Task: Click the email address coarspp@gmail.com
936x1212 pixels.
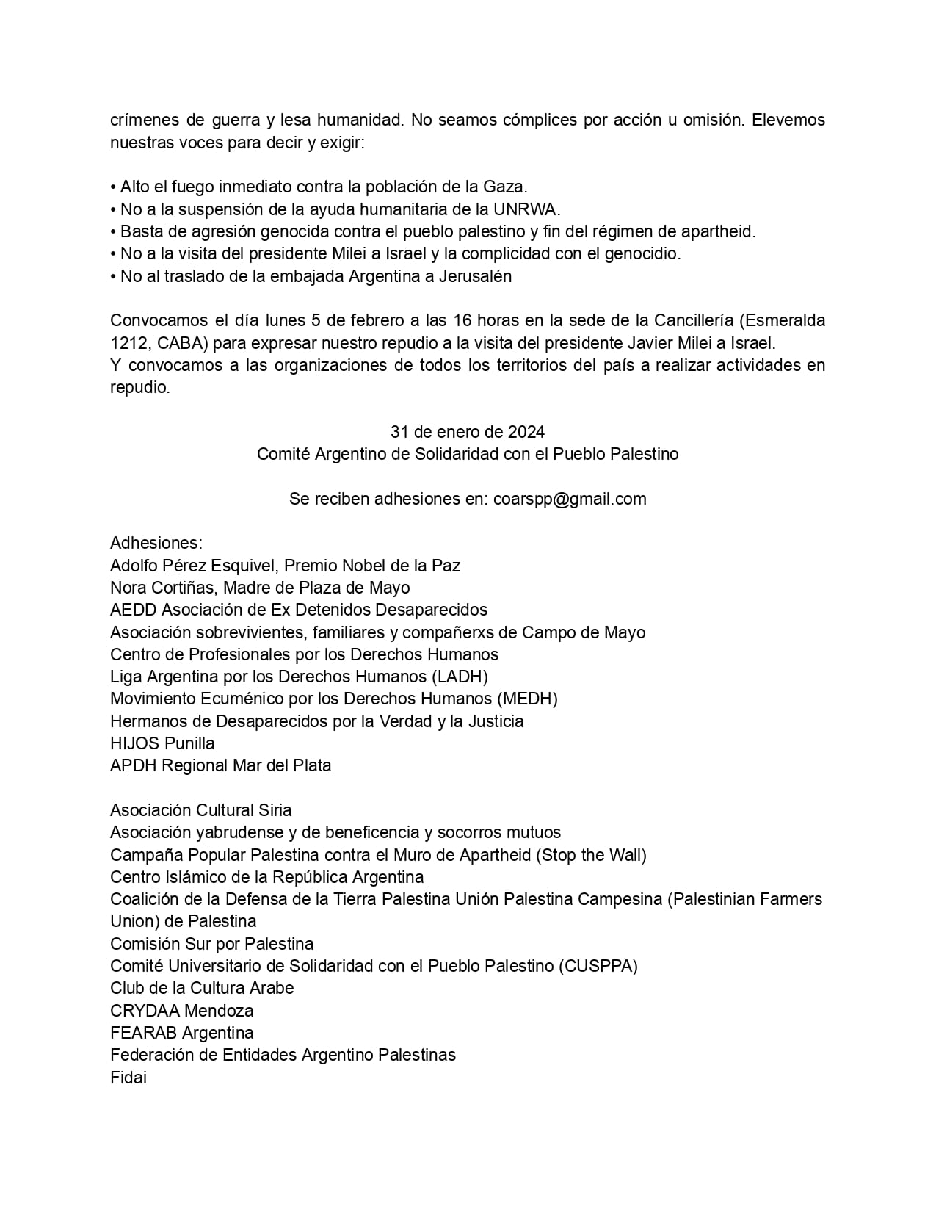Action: [x=570, y=499]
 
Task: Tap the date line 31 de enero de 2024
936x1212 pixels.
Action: [x=468, y=432]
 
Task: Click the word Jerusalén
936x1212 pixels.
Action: [x=475, y=276]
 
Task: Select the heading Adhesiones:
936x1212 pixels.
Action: [x=156, y=543]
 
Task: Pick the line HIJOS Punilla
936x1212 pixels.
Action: [x=162, y=743]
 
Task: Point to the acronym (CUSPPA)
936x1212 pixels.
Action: [x=598, y=966]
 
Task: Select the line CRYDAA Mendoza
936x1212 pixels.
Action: [x=181, y=1011]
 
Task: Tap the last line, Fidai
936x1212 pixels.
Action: [x=128, y=1078]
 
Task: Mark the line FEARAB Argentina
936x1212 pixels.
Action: [x=181, y=1033]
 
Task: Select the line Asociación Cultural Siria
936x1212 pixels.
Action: [x=200, y=810]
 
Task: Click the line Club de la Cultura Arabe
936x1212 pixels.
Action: [x=202, y=988]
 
